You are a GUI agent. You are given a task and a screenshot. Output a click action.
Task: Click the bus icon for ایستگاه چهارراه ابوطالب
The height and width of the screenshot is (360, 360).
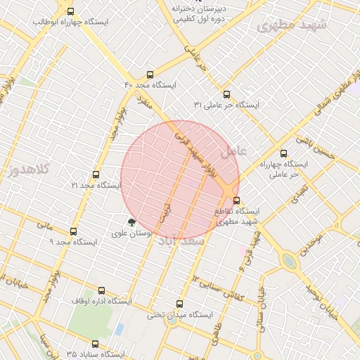pos(70,11)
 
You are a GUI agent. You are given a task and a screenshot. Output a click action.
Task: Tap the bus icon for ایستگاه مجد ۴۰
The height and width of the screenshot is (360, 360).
pos(150,75)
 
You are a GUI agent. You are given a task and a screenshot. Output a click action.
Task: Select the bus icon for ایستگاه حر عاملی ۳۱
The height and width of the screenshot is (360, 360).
pos(226,94)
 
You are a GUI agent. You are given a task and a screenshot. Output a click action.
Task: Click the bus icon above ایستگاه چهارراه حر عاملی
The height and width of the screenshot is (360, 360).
pos(283,153)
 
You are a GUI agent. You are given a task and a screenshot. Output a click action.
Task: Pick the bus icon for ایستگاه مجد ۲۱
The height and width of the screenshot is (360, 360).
pos(96,174)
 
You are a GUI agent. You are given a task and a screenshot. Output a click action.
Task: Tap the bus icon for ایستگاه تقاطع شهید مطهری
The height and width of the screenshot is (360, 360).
pos(236,200)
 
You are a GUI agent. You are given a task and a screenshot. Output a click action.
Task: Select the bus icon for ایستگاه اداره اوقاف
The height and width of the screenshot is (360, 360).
pos(102,290)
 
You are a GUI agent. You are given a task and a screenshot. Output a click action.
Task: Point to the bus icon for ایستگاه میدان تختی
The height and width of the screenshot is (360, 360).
pos(179,304)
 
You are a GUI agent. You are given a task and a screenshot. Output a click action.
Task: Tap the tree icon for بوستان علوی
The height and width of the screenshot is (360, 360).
pos(131,221)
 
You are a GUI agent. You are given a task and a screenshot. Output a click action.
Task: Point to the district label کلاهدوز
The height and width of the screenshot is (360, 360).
pos(21,169)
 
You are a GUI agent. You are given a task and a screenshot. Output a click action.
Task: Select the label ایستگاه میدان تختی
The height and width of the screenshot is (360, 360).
pos(179,316)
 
